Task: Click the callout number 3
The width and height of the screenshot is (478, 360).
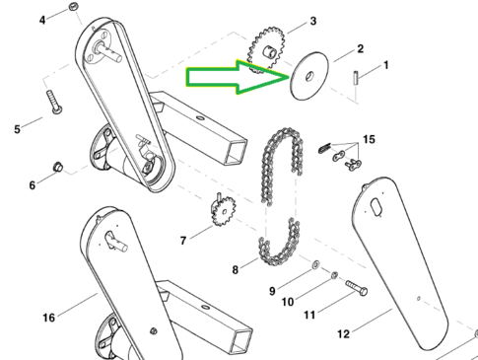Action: click(313, 21)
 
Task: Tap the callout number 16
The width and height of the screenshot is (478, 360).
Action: click(49, 318)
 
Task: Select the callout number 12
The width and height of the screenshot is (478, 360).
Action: click(343, 334)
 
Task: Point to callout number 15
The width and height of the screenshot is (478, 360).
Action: click(369, 139)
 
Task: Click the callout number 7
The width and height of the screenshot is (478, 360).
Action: click(183, 241)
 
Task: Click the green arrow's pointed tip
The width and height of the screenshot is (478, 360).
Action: click(289, 78)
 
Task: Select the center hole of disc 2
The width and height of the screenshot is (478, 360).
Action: click(309, 77)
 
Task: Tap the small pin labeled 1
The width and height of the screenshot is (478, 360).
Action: click(356, 78)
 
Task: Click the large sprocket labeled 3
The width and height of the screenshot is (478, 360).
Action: click(266, 49)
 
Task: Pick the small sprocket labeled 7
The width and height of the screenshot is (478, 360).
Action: click(223, 211)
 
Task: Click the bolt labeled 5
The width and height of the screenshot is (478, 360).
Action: click(54, 103)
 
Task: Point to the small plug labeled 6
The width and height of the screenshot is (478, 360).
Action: click(58, 167)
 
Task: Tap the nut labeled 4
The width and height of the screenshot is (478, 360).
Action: click(73, 7)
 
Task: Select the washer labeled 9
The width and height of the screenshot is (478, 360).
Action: click(315, 264)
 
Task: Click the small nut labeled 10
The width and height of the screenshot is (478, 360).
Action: click(334, 275)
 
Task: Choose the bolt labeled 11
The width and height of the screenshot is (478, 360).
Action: click(356, 288)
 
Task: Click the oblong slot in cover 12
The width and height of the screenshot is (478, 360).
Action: click(376, 207)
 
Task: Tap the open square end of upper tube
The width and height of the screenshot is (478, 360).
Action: click(236, 152)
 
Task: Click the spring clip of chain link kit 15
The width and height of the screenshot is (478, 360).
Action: click(325, 148)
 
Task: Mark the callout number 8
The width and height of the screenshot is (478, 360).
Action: click(235, 270)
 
